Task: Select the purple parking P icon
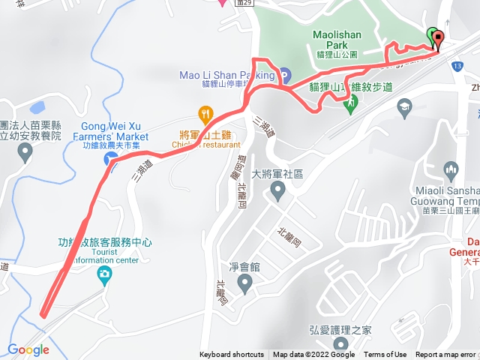pos(286,75)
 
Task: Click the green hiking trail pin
pos(349,105)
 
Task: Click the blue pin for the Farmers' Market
pos(109,159)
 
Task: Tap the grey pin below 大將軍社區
pos(277,193)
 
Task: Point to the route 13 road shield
pos(456,67)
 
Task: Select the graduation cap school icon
pos(404,106)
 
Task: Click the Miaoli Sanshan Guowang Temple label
pos(447,195)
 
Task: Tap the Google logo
pos(28,349)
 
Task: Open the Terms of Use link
pos(385,355)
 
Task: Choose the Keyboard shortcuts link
pos(232,355)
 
